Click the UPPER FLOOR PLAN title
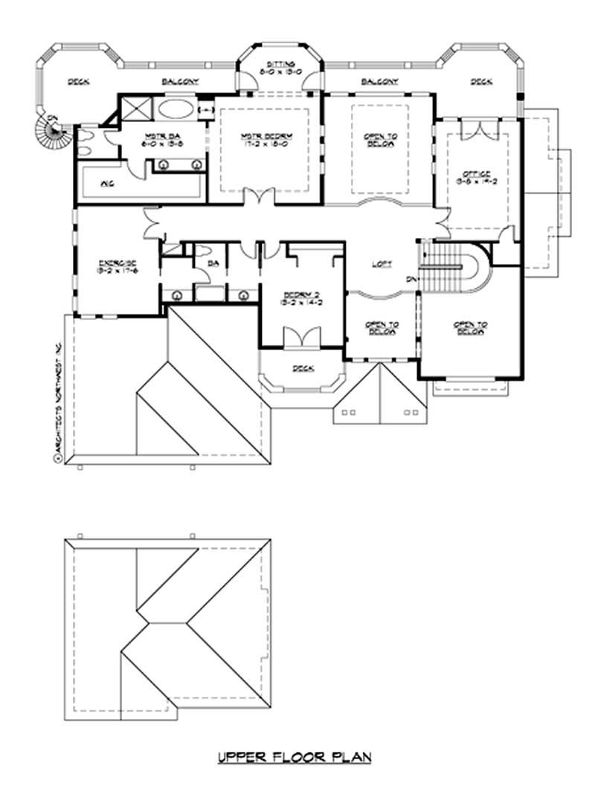coord(294,758)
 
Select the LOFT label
coord(382,265)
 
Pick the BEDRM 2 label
coord(301,298)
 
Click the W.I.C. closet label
coord(107,184)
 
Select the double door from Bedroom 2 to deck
coord(301,338)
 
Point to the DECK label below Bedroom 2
coord(303,368)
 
